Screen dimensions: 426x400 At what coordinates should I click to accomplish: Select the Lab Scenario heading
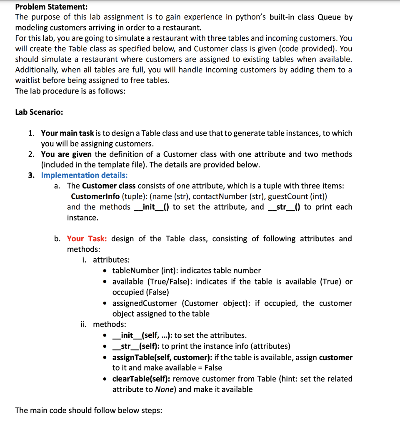(39, 112)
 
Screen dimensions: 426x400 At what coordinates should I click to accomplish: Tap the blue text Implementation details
(84, 175)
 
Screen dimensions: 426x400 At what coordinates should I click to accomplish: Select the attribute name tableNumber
(139, 271)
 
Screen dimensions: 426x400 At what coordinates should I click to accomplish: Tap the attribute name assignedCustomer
(145, 303)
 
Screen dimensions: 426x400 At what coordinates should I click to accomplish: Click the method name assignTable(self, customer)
(163, 358)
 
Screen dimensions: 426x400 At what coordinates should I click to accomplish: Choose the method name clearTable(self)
(141, 379)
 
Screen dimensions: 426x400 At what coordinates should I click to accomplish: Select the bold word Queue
(330, 17)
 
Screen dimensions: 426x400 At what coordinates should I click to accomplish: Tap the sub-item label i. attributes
(106, 260)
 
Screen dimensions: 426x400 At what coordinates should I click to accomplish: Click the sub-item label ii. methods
(103, 324)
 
